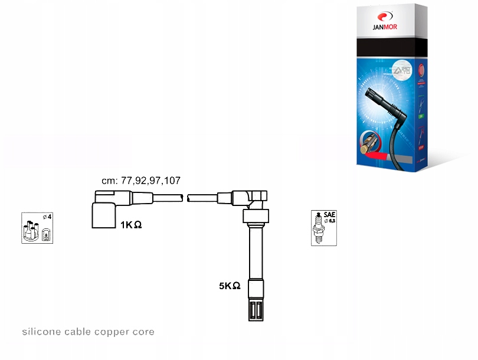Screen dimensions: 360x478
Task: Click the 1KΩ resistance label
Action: pos(130,225)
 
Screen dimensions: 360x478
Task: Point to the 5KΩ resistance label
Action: pos(230,286)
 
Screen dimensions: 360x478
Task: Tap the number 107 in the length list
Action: pos(173,181)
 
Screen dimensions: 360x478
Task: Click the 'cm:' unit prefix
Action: pos(110,181)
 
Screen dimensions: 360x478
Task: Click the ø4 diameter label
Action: pos(47,217)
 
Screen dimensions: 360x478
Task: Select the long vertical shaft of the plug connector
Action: pos(256,254)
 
